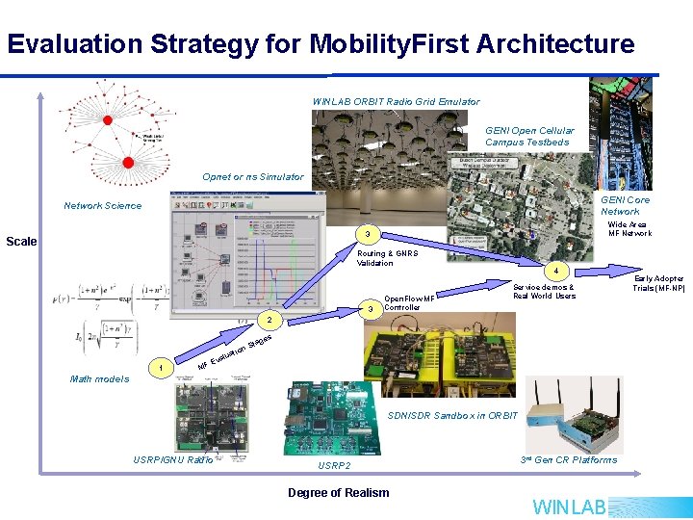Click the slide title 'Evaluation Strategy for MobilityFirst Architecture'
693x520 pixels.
click(x=321, y=44)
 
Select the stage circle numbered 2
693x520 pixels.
click(x=270, y=319)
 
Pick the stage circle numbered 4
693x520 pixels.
click(x=554, y=272)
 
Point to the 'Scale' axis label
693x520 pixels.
click(x=22, y=241)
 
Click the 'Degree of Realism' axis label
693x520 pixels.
click(x=339, y=493)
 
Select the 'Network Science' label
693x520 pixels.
click(x=102, y=205)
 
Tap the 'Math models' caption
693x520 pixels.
click(x=99, y=378)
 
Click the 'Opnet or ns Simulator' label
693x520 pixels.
click(x=252, y=176)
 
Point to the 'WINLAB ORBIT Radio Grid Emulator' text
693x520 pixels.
click(x=396, y=101)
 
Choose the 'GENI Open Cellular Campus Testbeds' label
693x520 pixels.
click(x=529, y=137)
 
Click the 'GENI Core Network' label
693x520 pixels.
click(x=625, y=206)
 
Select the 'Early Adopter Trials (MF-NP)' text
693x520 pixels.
click(x=658, y=283)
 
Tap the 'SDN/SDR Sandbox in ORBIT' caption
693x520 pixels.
click(x=452, y=416)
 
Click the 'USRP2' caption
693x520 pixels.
click(x=334, y=466)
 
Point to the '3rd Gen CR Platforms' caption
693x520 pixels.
click(x=570, y=459)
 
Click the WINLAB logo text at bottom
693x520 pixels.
click(x=570, y=507)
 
